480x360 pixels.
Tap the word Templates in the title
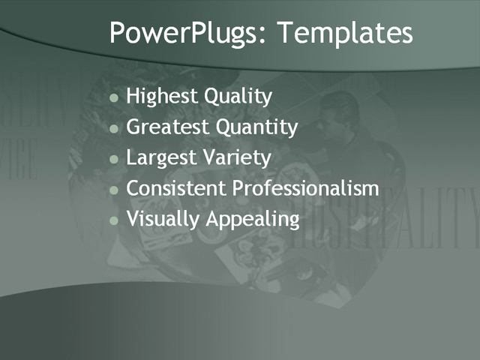coord(344,34)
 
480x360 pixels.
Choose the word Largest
coord(159,158)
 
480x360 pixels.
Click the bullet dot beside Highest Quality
coord(114,98)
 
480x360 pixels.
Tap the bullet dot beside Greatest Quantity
coord(114,129)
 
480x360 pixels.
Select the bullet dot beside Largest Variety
coord(114,160)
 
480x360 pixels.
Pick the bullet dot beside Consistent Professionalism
coord(114,190)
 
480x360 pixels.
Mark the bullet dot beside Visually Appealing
coord(114,221)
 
